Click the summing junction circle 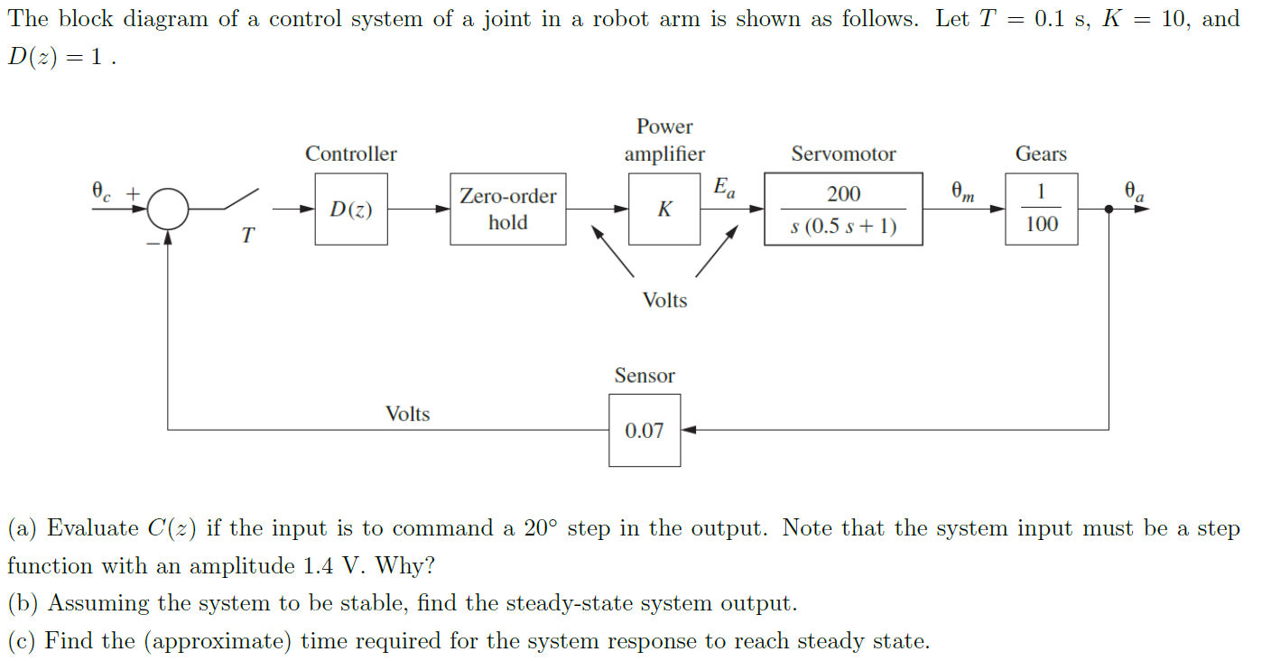click(168, 209)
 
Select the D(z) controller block click(351, 209)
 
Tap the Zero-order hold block click(508, 209)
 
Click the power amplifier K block click(664, 209)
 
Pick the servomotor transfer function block click(843, 209)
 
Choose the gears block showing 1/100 click(1041, 209)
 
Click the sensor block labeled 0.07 click(645, 431)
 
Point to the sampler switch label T click(247, 237)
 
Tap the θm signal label click(962, 191)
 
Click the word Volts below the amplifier click(664, 301)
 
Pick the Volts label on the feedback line click(408, 414)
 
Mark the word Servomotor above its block click(843, 154)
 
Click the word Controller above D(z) click(351, 154)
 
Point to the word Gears click(1041, 154)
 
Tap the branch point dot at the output click(1109, 209)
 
